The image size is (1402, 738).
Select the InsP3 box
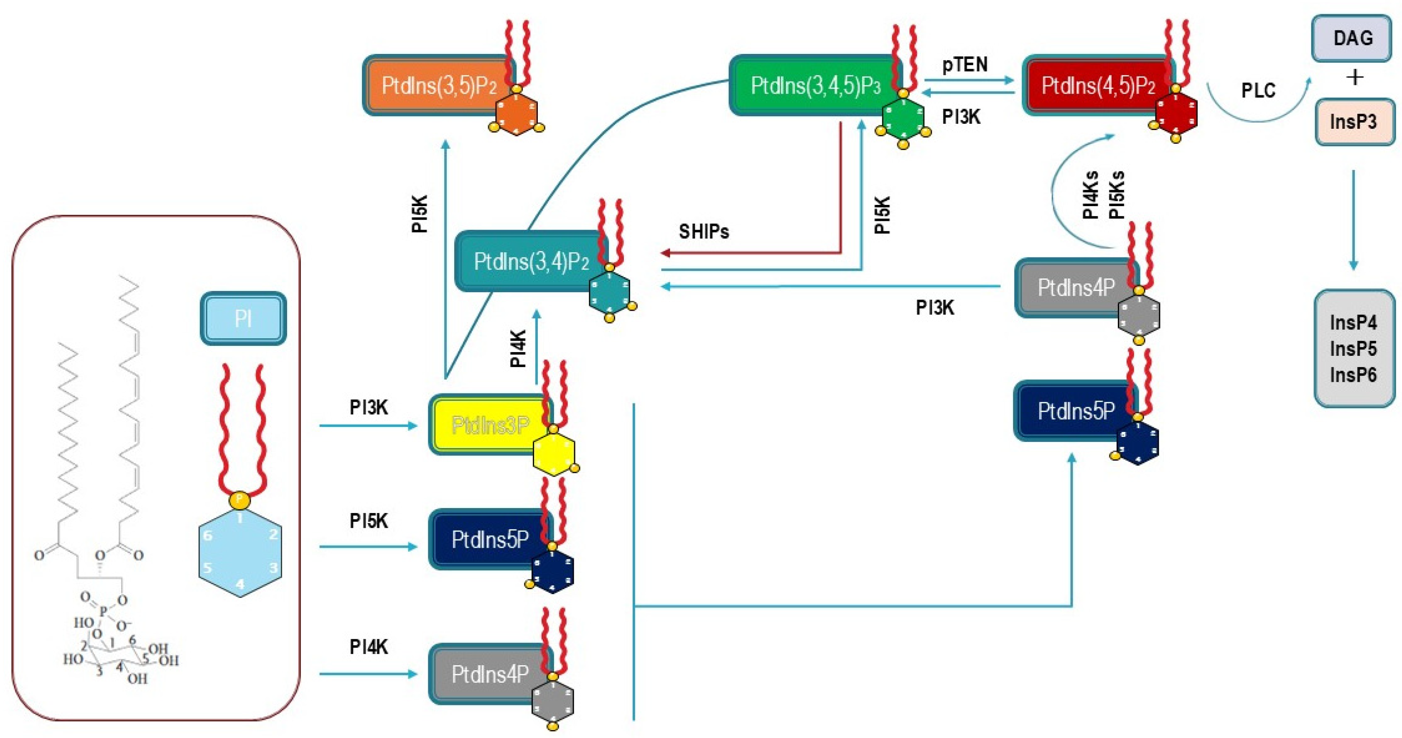1354,121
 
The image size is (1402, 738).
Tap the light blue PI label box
243,319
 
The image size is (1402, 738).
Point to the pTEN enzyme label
964,65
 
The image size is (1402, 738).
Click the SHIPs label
703,232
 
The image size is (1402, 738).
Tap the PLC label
1258,90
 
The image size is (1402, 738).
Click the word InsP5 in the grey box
1353,349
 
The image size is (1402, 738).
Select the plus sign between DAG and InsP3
1355,78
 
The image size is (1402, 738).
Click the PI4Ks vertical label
1090,195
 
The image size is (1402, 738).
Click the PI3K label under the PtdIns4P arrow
934,308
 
